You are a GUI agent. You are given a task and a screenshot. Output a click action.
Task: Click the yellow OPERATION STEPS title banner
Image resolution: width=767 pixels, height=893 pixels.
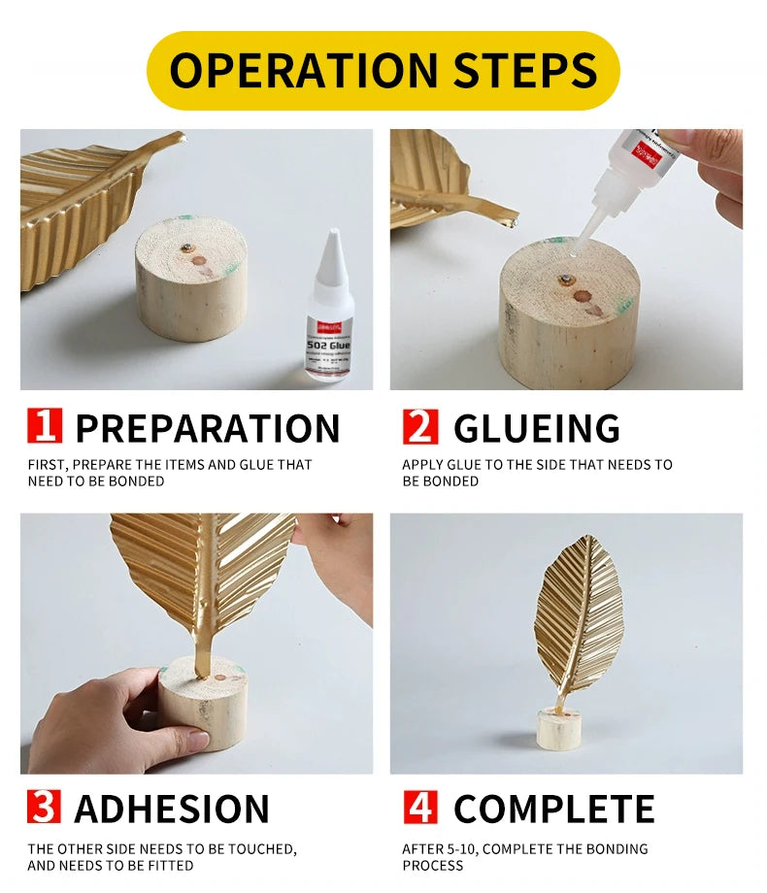click(x=383, y=70)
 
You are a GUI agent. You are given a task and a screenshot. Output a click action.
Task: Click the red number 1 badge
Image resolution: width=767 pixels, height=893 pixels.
click(x=44, y=427)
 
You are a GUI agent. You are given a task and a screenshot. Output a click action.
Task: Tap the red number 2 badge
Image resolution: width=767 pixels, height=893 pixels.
click(x=419, y=427)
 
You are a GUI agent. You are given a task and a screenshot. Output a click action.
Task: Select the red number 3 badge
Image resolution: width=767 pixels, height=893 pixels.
click(x=44, y=807)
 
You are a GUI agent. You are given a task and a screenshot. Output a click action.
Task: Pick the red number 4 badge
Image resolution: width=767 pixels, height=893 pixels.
click(x=419, y=807)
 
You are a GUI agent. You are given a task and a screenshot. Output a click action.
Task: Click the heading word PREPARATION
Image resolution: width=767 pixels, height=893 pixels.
click(x=207, y=428)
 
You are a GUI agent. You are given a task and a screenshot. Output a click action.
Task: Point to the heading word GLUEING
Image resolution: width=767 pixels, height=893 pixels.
click(x=536, y=428)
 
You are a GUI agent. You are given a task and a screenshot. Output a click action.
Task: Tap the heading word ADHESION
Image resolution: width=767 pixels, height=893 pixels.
click(x=172, y=809)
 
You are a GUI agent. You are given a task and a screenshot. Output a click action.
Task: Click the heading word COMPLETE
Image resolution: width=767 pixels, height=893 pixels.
click(x=553, y=809)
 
